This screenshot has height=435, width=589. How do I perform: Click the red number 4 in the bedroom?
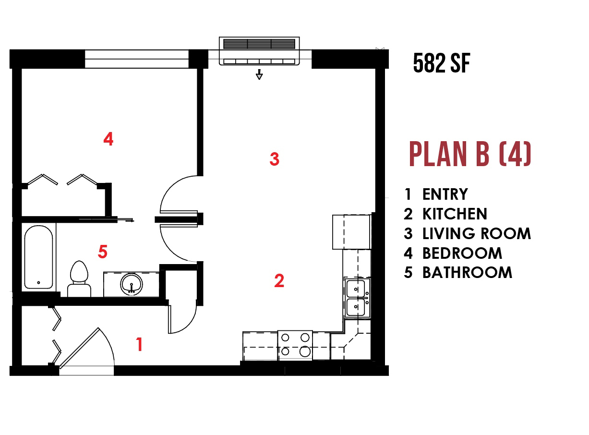point(108,139)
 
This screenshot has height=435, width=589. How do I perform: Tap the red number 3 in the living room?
point(274,159)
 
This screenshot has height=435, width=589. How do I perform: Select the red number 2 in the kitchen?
point(279,280)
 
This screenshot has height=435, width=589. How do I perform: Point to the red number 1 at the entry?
point(139,344)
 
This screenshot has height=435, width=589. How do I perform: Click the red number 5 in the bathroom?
point(103,252)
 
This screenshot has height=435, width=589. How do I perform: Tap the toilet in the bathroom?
point(79,279)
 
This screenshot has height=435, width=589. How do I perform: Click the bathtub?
point(39,257)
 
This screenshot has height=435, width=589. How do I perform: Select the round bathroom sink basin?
point(132,284)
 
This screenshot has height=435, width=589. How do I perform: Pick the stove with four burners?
point(295,345)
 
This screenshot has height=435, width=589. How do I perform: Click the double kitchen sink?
point(357,298)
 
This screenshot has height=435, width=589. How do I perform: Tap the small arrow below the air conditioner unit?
point(259,74)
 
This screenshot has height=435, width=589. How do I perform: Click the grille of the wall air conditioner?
point(259,44)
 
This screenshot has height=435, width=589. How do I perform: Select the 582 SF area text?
point(442,63)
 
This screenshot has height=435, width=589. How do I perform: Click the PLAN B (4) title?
point(470,154)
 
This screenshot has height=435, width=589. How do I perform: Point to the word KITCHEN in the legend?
point(455,214)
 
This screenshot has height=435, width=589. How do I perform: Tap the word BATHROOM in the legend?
point(468,273)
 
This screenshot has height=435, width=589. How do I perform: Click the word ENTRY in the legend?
point(445,194)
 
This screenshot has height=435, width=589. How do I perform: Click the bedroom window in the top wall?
point(137,59)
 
